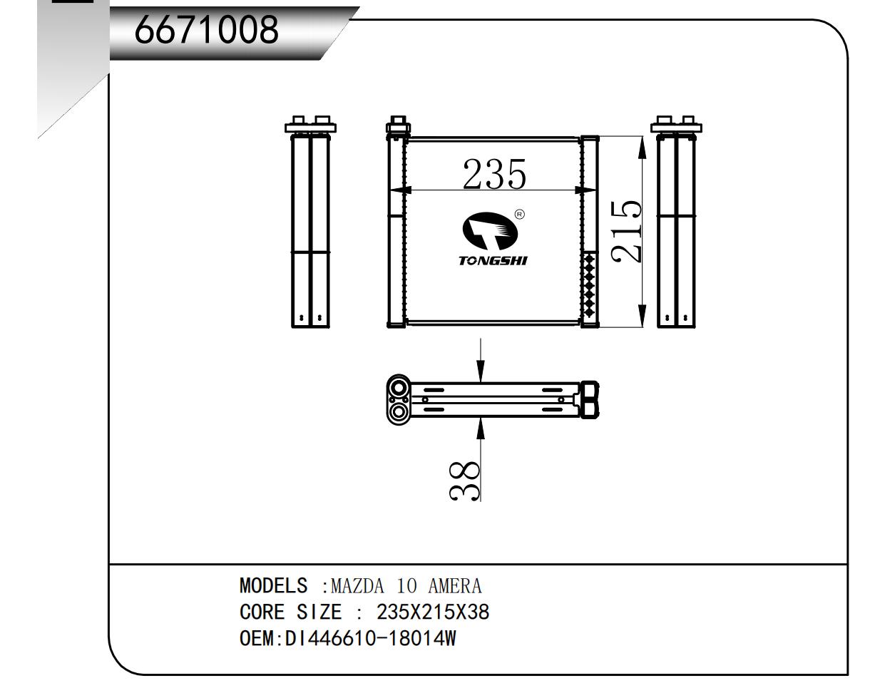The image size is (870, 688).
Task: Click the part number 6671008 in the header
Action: tap(208, 30)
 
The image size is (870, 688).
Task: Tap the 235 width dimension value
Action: tap(494, 175)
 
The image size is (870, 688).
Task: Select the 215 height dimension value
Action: tap(626, 231)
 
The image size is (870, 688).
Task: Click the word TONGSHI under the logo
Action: tap(493, 260)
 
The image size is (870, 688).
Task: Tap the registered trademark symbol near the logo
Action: tap(520, 214)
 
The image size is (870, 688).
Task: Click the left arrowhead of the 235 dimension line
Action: tap(401, 190)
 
